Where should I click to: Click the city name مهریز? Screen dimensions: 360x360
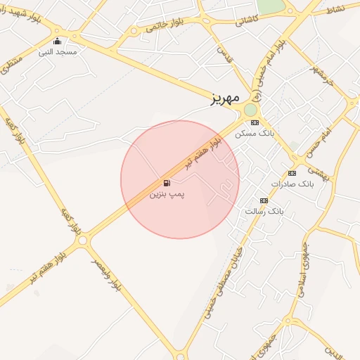pos(226,98)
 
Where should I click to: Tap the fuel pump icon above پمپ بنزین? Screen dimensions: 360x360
pos(167,183)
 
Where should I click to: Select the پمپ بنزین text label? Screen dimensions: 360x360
pos(167,193)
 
